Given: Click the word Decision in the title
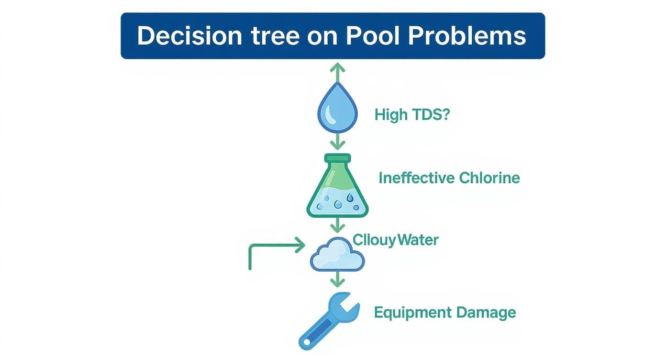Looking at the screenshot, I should pos(189,36).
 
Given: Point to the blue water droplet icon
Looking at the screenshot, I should pos(337,109).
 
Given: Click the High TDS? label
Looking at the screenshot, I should pos(412,115).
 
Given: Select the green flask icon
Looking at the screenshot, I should pos(338,189).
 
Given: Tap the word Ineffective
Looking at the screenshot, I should pos(416,178).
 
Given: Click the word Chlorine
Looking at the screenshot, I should pos(489,178).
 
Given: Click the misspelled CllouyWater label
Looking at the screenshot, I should pos(395,239).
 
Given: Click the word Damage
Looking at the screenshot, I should pos(486,313).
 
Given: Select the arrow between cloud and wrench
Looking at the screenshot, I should pos(338,279).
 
